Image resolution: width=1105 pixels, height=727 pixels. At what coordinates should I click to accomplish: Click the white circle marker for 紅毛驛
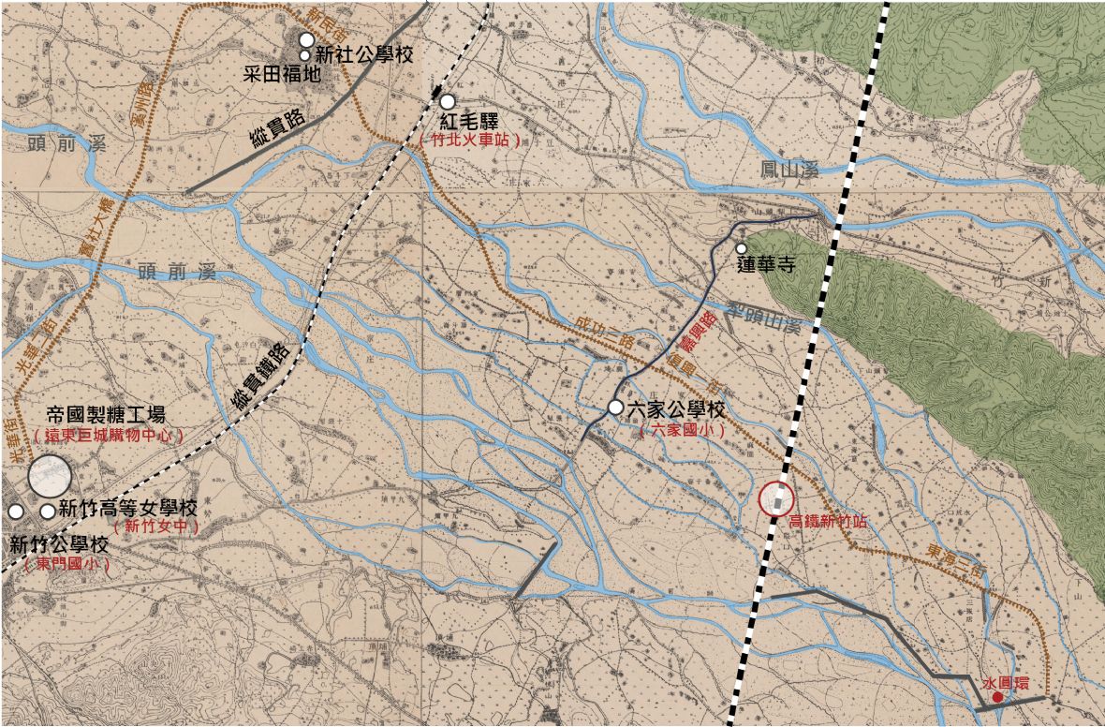click(x=448, y=101)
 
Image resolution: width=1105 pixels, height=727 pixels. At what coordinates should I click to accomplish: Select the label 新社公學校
click(x=364, y=55)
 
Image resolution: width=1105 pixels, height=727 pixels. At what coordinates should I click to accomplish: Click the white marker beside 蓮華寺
click(x=741, y=248)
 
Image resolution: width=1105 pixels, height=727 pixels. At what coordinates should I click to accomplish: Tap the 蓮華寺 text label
click(x=767, y=266)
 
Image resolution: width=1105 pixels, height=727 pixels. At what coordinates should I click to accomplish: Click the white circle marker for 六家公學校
click(x=615, y=408)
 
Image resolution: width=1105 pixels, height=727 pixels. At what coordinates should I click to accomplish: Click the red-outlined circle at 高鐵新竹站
click(x=776, y=499)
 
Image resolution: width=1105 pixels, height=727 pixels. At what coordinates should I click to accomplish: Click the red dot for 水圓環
click(x=998, y=697)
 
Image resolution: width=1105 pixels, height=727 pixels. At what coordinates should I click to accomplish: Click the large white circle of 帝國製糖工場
click(x=49, y=476)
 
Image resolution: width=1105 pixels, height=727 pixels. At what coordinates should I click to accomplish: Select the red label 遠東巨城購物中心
click(x=108, y=436)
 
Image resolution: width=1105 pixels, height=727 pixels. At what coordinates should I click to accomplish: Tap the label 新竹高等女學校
click(x=127, y=509)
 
